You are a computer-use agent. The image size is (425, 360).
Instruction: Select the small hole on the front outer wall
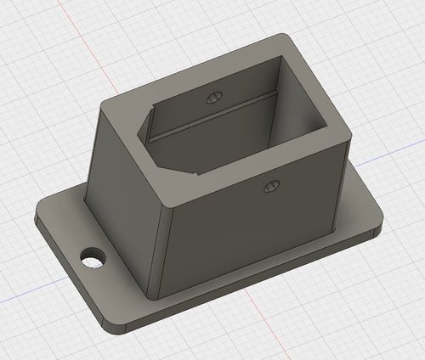pos(270,184)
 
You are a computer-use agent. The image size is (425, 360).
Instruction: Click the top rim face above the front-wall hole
pos(263,161)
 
